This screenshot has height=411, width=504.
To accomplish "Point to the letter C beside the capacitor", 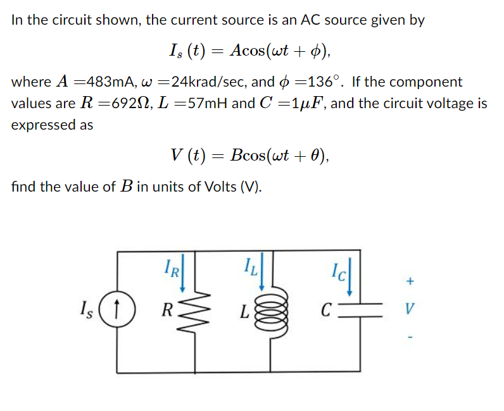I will coord(325,310).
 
